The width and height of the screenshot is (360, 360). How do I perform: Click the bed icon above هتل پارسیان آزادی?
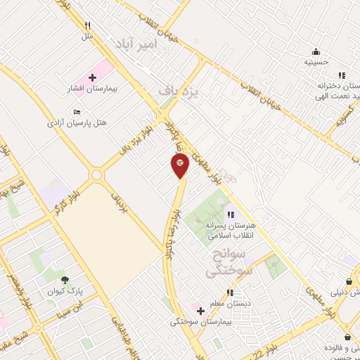coord(77,112)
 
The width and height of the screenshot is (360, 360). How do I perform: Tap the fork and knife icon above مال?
coord(87,26)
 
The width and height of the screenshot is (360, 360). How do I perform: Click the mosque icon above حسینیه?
coord(316,51)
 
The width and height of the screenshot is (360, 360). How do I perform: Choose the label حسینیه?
coord(316,62)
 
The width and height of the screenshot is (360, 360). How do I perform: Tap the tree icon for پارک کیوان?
coord(65,280)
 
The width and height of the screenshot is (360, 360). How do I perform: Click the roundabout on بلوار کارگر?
coord(96,174)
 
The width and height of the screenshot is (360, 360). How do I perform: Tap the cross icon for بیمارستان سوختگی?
coord(200,310)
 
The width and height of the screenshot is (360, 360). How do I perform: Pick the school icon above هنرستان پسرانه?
coord(230,215)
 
